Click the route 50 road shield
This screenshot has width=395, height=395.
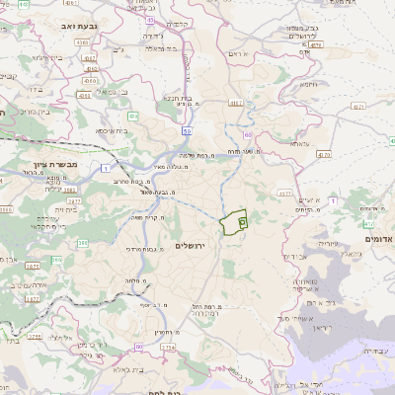187,130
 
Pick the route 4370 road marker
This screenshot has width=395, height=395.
324,155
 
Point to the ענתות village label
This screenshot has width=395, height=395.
300,143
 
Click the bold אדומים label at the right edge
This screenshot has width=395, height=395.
377,238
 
